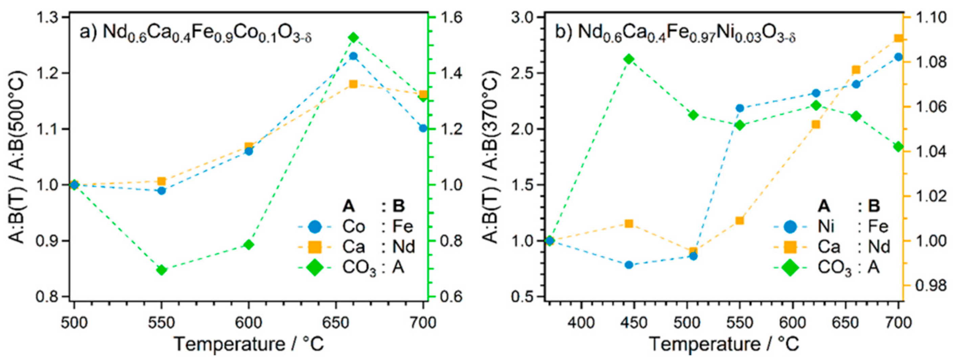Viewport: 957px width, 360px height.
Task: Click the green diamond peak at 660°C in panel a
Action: pyautogui.click(x=353, y=38)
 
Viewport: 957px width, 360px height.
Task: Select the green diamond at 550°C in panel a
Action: pyautogui.click(x=161, y=270)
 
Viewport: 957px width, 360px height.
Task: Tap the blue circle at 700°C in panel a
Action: pyautogui.click(x=423, y=128)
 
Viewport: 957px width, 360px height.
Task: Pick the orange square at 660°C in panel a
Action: pyautogui.click(x=353, y=84)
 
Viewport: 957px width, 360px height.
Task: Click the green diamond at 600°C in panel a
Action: pyautogui.click(x=248, y=245)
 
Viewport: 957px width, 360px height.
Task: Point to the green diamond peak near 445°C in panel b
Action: pyautogui.click(x=629, y=59)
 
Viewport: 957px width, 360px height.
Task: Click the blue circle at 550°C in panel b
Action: pyautogui.click(x=740, y=108)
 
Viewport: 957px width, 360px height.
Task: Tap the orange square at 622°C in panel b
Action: pyautogui.click(x=816, y=125)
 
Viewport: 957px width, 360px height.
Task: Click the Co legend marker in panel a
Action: pyautogui.click(x=315, y=226)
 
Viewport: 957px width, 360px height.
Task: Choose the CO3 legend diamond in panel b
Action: pyautogui.click(x=790, y=267)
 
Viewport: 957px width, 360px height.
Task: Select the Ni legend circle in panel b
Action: pyautogui.click(x=790, y=226)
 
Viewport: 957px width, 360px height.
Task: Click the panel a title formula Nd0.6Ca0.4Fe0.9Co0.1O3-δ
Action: pyautogui.click(x=206, y=33)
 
